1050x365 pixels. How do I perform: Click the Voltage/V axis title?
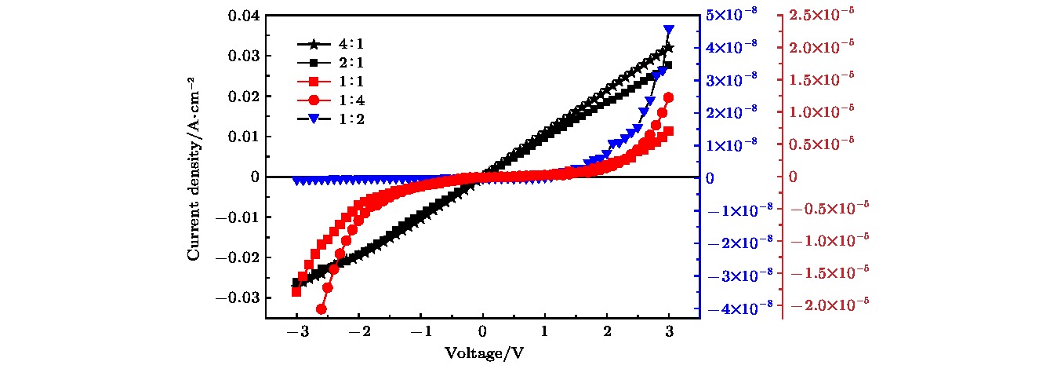[484, 353]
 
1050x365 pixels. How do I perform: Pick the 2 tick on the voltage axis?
[607, 332]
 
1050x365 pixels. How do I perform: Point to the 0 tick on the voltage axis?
[483, 332]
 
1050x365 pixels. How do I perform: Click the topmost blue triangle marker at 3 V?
[669, 30]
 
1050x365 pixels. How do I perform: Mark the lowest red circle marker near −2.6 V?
[321, 309]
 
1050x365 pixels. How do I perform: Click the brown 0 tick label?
[793, 177]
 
